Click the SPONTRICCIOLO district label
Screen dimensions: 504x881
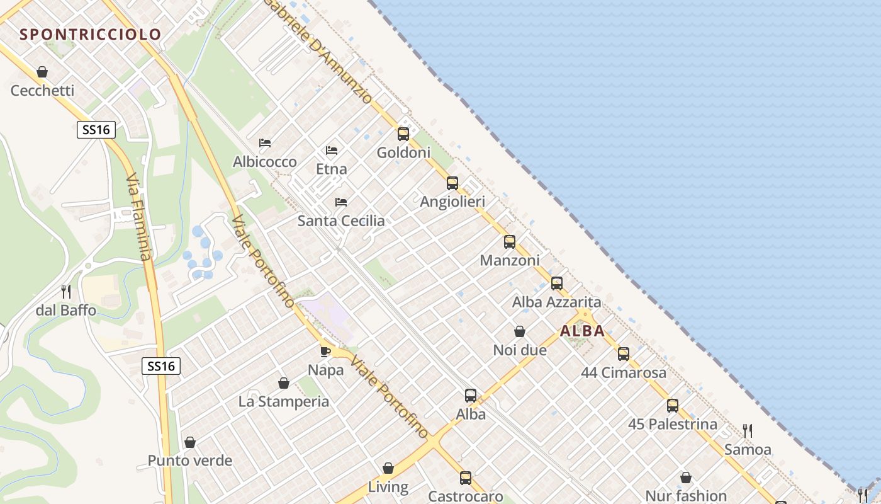(91, 34)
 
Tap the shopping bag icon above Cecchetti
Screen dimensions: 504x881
(42, 72)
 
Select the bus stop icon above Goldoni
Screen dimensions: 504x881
(403, 134)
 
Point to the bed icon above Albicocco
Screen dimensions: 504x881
(265, 143)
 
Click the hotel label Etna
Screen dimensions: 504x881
(331, 169)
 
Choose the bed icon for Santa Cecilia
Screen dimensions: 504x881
(341, 202)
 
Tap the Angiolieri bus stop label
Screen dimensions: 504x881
(452, 202)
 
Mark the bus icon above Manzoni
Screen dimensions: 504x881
(510, 242)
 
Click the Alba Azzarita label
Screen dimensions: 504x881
(556, 302)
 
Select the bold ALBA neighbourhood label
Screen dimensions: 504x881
(582, 331)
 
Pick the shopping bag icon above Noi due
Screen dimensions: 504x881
(520, 331)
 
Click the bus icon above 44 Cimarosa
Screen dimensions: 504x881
(624, 354)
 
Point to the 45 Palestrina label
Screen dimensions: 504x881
(672, 424)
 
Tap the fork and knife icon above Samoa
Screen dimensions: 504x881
(748, 431)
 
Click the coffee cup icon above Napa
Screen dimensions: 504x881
(325, 352)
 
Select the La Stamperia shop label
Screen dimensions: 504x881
(284, 401)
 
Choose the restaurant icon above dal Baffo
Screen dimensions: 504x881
(66, 292)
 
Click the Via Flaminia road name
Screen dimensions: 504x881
(139, 217)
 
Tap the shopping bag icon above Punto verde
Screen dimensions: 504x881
(190, 442)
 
